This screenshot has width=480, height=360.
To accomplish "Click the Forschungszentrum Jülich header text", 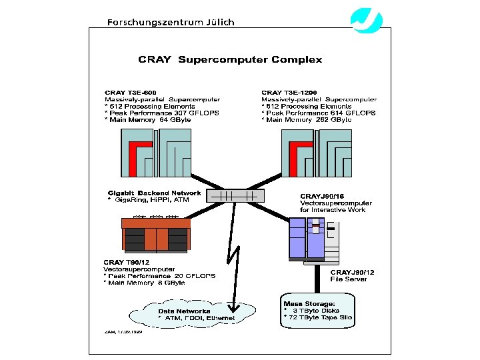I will coord(171,21).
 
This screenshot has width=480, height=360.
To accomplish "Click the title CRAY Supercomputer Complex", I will coord(230,59).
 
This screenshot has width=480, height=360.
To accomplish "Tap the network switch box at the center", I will coord(235,196).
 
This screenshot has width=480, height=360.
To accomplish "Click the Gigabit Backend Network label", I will coord(154,193).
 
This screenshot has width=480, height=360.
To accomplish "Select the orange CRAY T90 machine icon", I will coord(156,234).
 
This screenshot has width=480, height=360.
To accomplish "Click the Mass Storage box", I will coord(317,310).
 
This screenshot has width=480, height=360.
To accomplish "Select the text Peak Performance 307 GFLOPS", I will coord(162,113).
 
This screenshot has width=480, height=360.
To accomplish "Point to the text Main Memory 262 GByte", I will coord(309,120).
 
